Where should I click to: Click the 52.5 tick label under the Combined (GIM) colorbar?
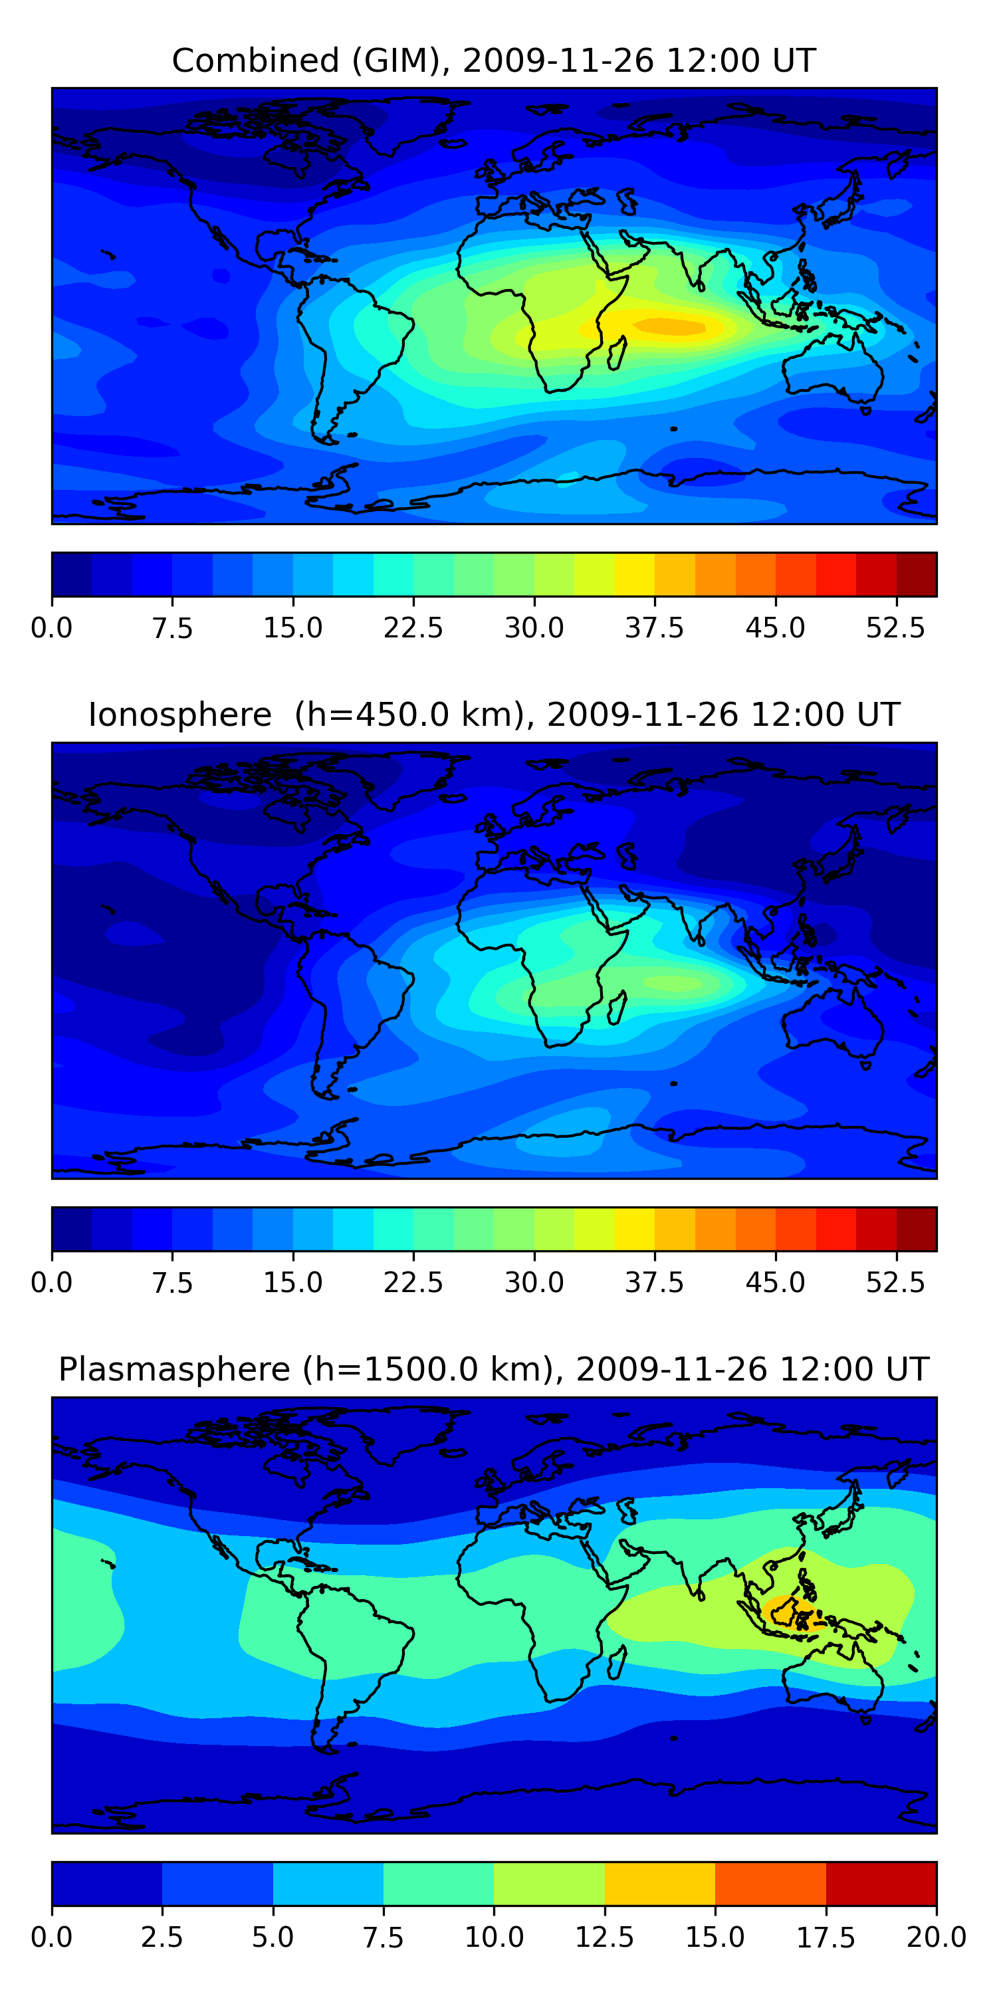click(x=895, y=627)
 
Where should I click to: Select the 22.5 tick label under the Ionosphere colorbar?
click(x=413, y=1283)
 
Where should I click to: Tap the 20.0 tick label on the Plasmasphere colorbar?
click(x=937, y=1938)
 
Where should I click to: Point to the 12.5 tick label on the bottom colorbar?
click(x=605, y=1938)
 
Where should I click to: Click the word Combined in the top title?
click(x=255, y=60)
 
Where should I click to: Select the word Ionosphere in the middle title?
click(x=179, y=715)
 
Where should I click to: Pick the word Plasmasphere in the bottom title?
click(x=174, y=1369)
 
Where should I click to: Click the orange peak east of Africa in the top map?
click(x=669, y=326)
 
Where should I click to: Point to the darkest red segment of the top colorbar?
click(x=917, y=574)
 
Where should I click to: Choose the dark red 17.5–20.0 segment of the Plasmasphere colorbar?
click(x=881, y=1883)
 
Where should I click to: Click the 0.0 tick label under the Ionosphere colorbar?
click(x=52, y=1283)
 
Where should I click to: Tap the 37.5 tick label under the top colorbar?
click(x=655, y=627)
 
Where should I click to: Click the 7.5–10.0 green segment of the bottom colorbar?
click(x=439, y=1883)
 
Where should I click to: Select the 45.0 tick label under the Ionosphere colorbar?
click(x=776, y=1283)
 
